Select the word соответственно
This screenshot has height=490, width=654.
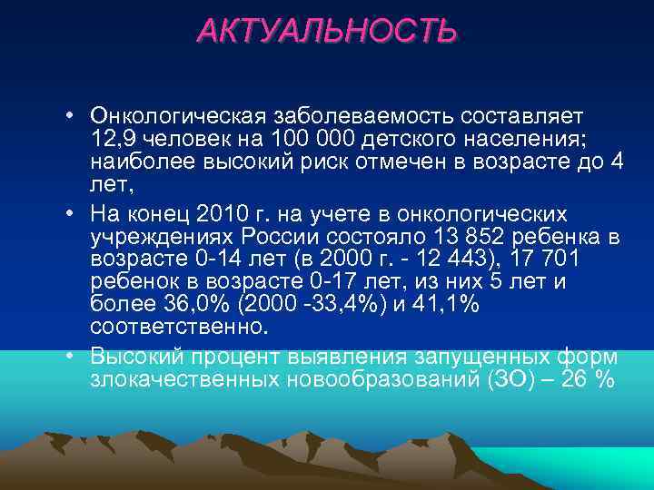tap(173, 324)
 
